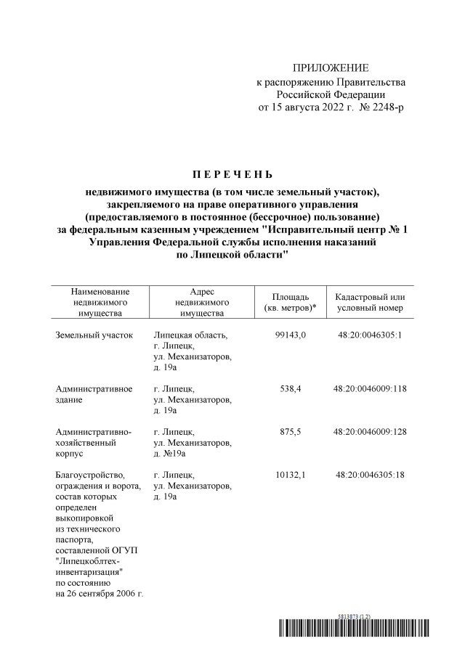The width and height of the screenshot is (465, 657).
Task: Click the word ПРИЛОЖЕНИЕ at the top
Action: pyautogui.click(x=331, y=68)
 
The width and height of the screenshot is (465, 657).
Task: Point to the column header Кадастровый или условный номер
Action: pyautogui.click(x=370, y=303)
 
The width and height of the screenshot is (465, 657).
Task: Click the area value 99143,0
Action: pyautogui.click(x=291, y=335)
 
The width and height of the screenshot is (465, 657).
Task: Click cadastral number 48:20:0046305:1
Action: pyautogui.click(x=371, y=335)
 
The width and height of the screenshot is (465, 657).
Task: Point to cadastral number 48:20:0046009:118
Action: pyautogui.click(x=371, y=388)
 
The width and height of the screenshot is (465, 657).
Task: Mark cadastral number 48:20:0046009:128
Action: pyautogui.click(x=371, y=431)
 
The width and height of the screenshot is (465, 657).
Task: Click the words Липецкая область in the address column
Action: pyautogui.click(x=191, y=335)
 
